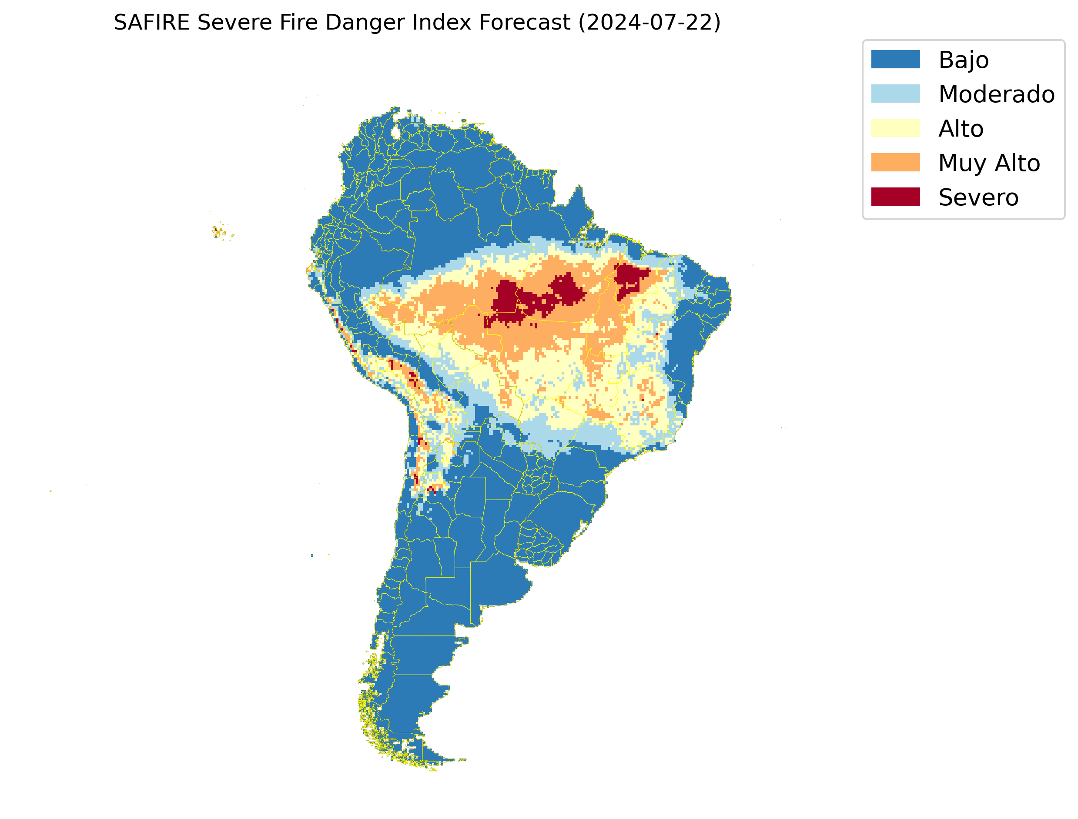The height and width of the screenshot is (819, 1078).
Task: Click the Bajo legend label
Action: tap(964, 60)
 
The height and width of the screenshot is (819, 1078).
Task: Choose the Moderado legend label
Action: tap(996, 94)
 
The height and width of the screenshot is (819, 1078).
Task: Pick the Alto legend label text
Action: tap(961, 129)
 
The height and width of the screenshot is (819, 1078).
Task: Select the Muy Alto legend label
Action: tap(989, 163)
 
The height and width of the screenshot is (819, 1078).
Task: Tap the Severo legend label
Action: tap(978, 197)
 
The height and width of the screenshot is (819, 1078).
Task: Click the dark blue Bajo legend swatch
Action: tap(895, 60)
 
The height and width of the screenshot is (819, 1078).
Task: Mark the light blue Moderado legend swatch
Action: tap(895, 94)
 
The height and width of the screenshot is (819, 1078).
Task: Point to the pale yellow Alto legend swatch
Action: tap(895, 128)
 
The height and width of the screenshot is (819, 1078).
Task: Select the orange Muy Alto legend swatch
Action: tap(895, 162)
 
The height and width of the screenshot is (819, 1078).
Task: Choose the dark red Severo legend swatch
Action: tap(895, 197)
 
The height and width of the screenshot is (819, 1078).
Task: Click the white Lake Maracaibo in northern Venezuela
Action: tap(395, 132)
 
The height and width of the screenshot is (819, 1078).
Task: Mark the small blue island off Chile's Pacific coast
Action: tap(312, 555)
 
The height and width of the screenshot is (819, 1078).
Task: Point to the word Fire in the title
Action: tap(296, 23)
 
